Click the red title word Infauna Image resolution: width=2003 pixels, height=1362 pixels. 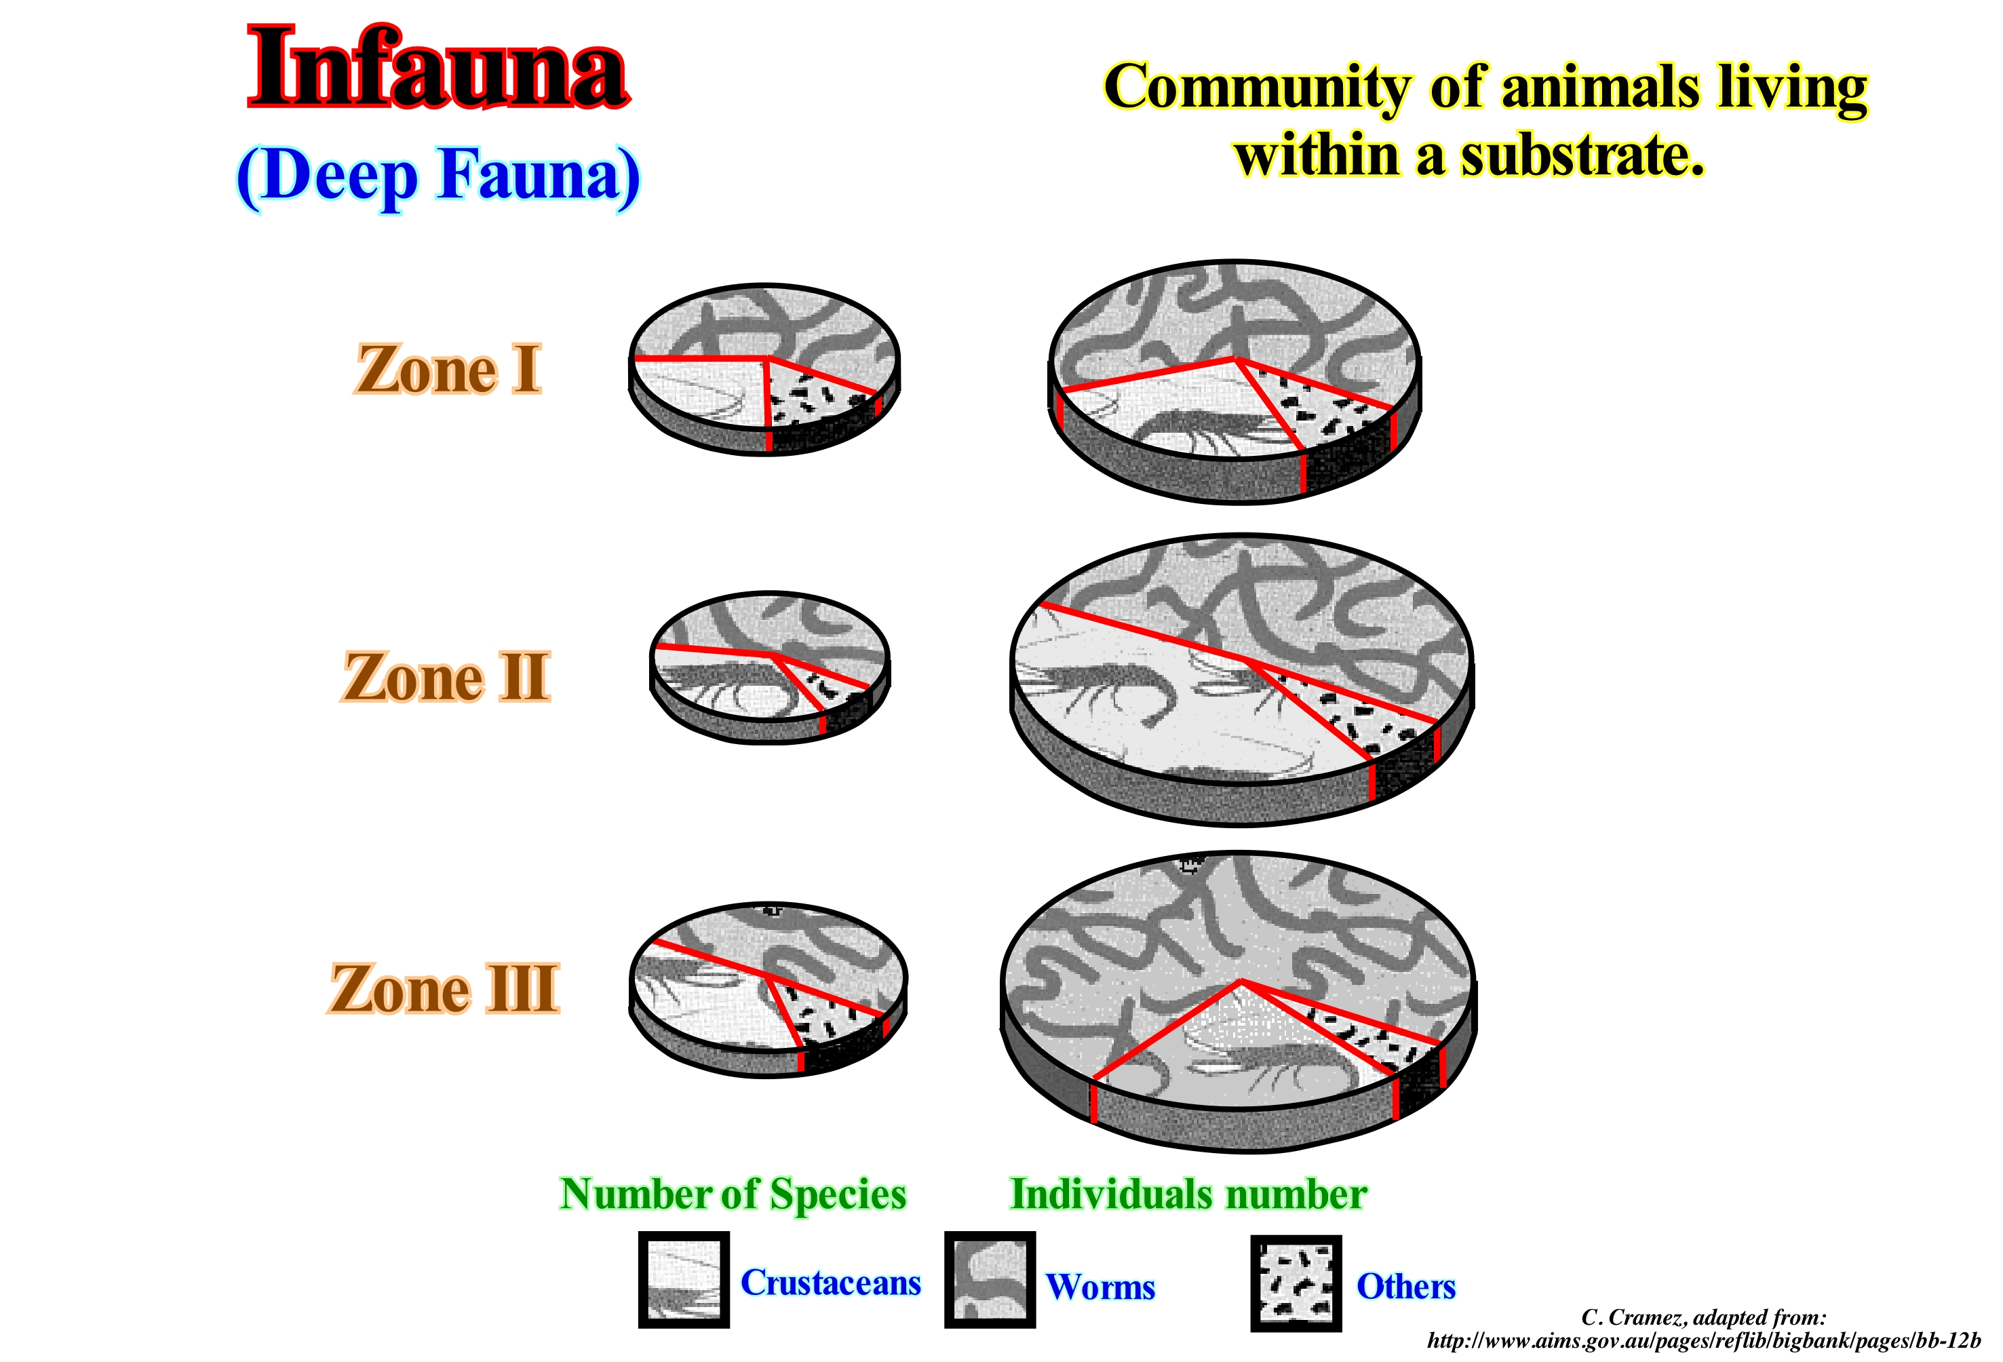439,66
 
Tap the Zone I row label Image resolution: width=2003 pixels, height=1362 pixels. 448,369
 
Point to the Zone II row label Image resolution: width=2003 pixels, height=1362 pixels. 446,677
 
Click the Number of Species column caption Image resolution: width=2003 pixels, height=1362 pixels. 733,1194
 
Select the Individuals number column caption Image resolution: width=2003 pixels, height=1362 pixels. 1188,1194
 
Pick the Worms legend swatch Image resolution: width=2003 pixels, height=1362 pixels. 990,1280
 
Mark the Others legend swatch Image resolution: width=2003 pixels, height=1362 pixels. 1296,1283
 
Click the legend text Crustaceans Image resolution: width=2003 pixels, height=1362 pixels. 831,1283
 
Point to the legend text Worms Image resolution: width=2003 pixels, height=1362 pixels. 1101,1286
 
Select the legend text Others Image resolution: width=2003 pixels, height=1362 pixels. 1405,1286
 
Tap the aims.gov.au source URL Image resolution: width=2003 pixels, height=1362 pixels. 1704,1340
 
